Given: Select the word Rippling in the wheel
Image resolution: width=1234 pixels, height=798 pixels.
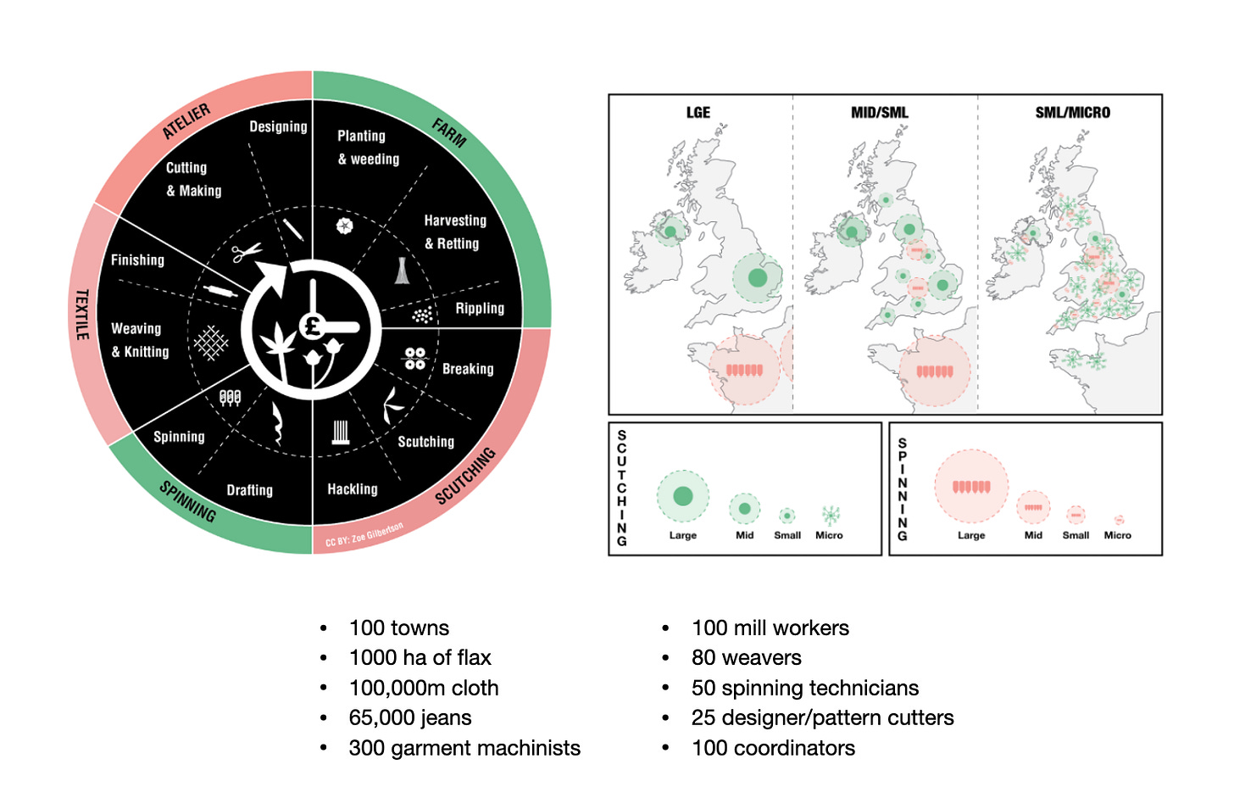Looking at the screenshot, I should point(480,308).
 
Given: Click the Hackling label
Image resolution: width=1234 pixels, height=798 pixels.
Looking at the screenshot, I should point(353,489).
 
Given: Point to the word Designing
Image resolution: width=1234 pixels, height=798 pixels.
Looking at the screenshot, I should point(278,126).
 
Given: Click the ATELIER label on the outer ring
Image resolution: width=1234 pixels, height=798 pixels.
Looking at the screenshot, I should point(186,121).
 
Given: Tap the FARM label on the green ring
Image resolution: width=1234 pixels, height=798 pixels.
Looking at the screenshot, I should point(449,132).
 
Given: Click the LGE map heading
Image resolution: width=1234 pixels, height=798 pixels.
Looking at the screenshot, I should point(698,112).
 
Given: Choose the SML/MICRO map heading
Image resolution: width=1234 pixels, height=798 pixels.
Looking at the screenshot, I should point(1072,112).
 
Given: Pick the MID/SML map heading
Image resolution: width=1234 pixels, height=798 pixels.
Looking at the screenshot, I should point(880,112).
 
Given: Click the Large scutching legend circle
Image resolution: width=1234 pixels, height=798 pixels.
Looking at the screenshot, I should point(682,496).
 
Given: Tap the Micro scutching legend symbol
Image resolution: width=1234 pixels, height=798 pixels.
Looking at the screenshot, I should point(831,514).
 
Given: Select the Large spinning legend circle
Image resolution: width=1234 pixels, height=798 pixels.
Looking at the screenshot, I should point(971,487).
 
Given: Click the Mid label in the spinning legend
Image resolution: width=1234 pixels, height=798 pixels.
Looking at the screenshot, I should point(1033,535).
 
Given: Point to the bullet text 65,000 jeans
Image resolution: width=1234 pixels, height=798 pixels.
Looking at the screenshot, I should point(410,717).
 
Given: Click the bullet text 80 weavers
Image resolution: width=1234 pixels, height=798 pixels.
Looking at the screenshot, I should point(746,657).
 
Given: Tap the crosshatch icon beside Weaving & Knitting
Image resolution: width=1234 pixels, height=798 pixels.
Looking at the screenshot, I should point(211,343).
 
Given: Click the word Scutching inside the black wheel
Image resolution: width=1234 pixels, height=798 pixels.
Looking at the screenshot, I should point(425,442).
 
